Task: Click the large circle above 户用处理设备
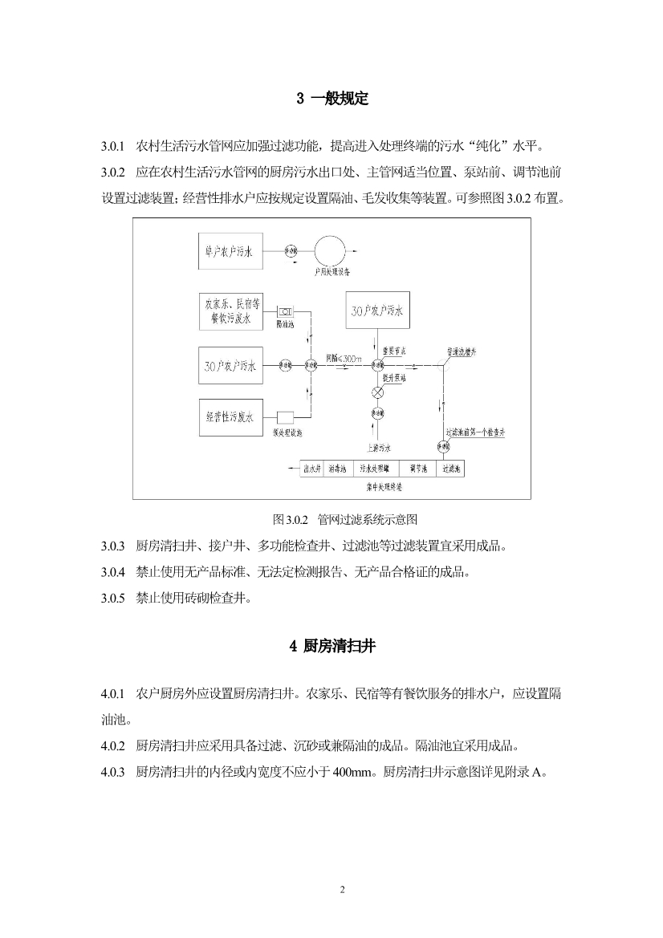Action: [328, 251]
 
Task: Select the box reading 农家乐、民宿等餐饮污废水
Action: [229, 311]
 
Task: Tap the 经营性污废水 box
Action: [229, 417]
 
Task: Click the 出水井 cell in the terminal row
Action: [312, 468]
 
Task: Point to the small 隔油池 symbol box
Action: [286, 311]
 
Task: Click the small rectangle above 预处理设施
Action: [285, 417]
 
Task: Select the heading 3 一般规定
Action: [331, 99]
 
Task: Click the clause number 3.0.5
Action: [113, 598]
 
